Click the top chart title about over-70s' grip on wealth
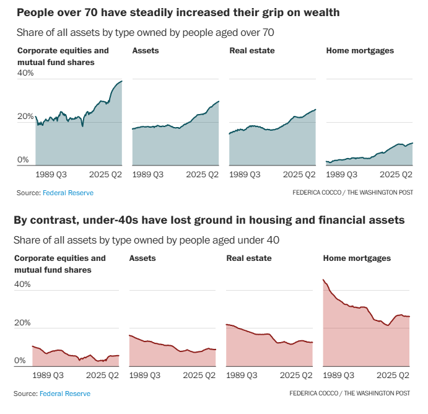click(x=178, y=12)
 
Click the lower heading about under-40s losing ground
click(x=209, y=219)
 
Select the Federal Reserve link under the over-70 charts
click(x=68, y=193)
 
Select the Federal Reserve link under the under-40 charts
click(x=65, y=394)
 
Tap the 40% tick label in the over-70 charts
click(x=25, y=73)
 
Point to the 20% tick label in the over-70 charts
click(x=25, y=117)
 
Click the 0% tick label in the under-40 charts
click(x=20, y=361)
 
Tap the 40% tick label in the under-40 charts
click(x=22, y=284)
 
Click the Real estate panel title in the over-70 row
click(x=252, y=51)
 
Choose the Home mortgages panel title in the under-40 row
click(x=357, y=258)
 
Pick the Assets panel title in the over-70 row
click(x=146, y=51)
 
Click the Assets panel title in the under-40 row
click(x=142, y=258)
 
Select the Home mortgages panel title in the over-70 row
click(x=360, y=51)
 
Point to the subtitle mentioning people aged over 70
click(x=146, y=32)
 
